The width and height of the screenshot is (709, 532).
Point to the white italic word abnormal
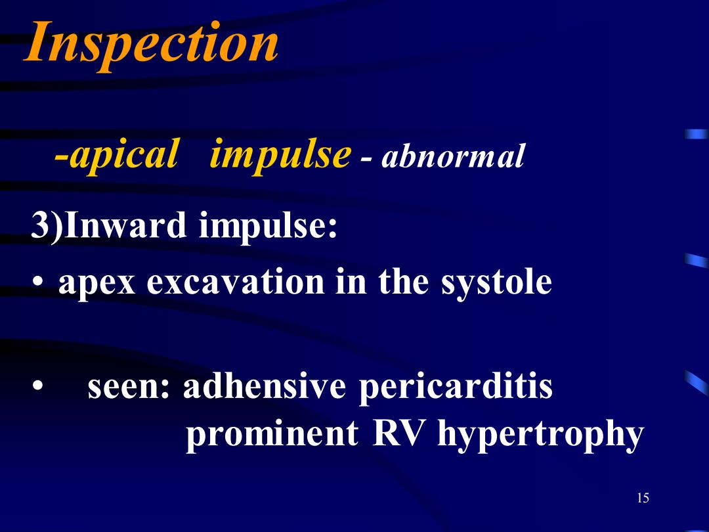pyautogui.click(x=453, y=156)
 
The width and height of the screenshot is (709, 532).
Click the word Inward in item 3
pyautogui.click(x=125, y=225)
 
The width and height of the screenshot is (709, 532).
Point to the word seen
pyautogui.click(x=129, y=388)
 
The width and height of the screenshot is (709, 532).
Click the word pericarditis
pyautogui.click(x=456, y=388)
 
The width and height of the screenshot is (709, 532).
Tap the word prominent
pyautogui.click(x=272, y=434)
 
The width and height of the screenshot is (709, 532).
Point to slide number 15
pyautogui.click(x=643, y=498)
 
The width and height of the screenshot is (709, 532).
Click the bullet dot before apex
pyautogui.click(x=38, y=282)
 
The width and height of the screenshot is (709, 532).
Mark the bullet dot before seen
pyautogui.click(x=38, y=388)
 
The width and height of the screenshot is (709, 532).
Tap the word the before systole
pyautogui.click(x=403, y=281)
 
